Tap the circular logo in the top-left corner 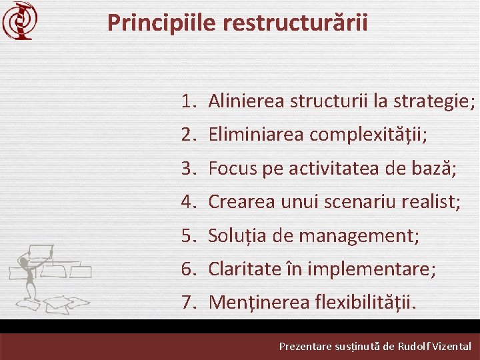[x=18, y=21]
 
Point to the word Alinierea [x=246, y=101]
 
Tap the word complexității [x=367, y=135]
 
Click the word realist [x=429, y=202]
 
